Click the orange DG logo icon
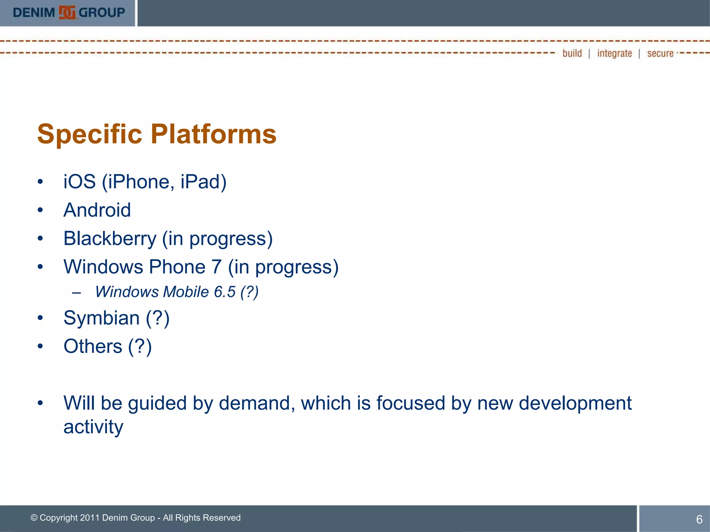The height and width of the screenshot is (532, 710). pos(67,13)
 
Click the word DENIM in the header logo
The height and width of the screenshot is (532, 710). pos(34,13)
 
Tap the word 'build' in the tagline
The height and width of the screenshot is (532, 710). pos(572,53)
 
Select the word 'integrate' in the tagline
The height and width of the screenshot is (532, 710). pos(614,53)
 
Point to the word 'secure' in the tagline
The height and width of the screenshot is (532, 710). pos(660,53)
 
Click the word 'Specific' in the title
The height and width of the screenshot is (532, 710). pos(89,134)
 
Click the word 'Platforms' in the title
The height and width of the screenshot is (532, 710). pos(214,134)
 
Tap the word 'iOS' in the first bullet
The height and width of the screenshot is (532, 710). pos(79,181)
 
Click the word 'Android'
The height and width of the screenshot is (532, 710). pos(97,210)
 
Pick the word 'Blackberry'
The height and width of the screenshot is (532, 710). pos(110,238)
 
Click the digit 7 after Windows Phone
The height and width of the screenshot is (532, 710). pos(216,267)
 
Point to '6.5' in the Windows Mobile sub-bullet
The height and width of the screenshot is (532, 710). pos(225,292)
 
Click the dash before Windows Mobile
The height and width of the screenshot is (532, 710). pos(77,293)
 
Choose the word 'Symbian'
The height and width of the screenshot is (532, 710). pos(102,318)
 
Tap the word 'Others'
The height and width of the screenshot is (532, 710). pos(93,346)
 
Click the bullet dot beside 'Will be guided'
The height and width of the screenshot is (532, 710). pos(40,403)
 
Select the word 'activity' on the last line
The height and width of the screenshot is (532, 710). pos(93,427)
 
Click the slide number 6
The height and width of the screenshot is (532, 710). pos(699,519)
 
